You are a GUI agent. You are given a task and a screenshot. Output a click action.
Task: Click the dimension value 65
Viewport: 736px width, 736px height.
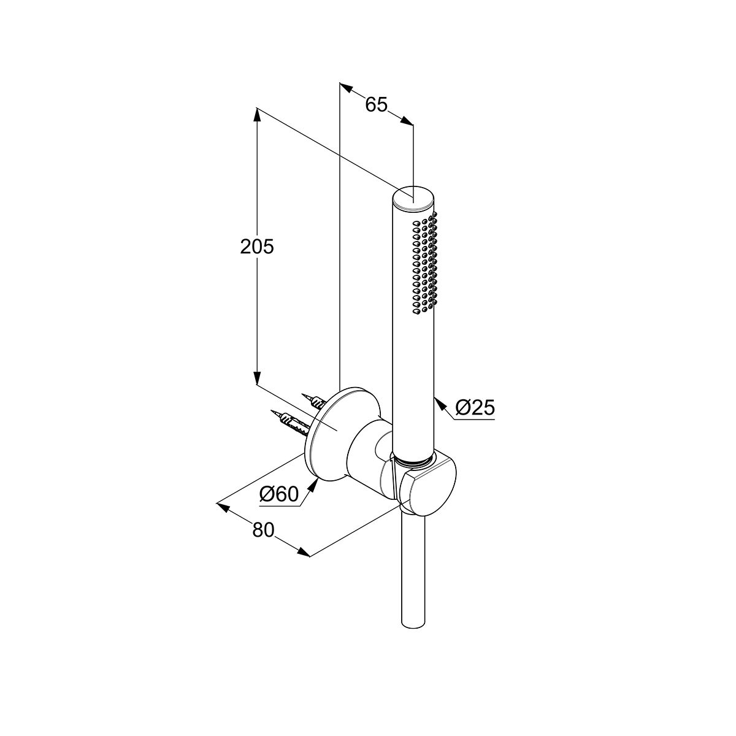377,105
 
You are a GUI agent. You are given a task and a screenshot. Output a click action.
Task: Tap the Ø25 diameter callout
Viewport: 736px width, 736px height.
476,407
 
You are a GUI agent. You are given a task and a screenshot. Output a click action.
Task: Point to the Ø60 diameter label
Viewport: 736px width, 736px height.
278,494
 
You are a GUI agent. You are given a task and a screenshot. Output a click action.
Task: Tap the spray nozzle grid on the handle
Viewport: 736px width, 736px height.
425,264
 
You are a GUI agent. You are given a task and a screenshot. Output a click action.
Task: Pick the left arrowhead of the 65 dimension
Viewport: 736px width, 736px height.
347,89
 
